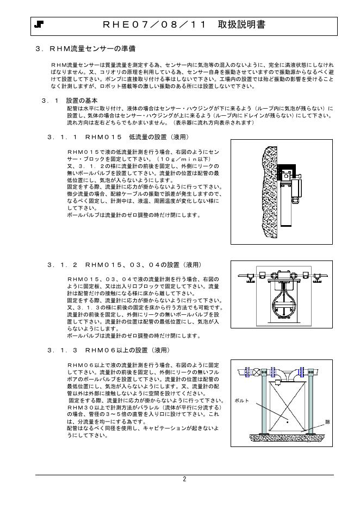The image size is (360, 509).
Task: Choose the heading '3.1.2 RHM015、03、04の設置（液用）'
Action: [125, 265]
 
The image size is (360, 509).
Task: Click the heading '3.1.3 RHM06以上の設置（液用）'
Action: [109, 350]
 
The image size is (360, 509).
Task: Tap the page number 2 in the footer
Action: [184, 479]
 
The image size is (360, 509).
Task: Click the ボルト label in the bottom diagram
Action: [241, 401]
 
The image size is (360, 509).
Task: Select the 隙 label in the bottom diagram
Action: [327, 422]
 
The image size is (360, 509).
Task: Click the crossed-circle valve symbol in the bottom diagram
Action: [257, 373]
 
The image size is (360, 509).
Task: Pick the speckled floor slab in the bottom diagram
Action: [288, 437]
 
